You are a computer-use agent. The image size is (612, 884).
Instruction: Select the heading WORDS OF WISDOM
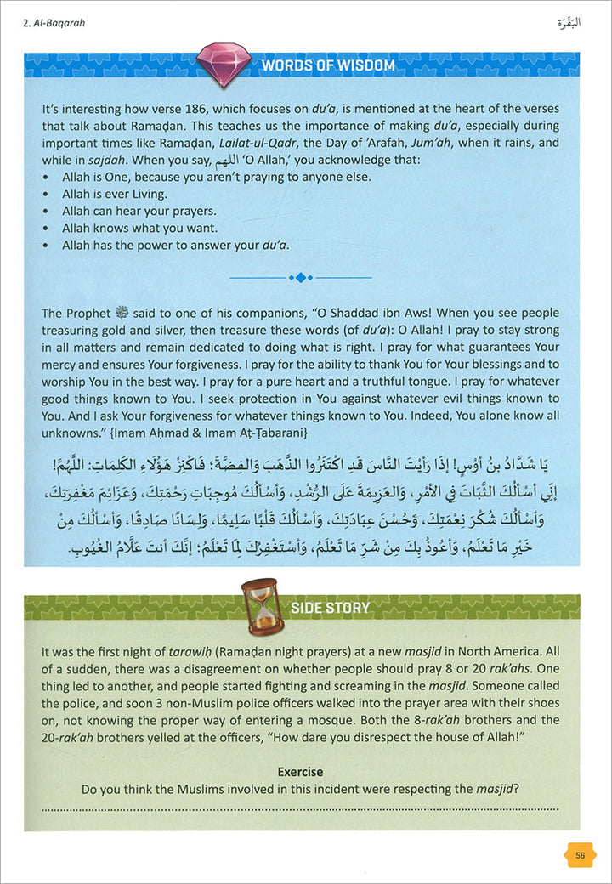point(328,65)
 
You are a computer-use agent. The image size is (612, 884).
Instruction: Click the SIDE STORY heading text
point(331,608)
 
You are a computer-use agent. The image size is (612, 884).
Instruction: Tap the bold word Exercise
point(300,772)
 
